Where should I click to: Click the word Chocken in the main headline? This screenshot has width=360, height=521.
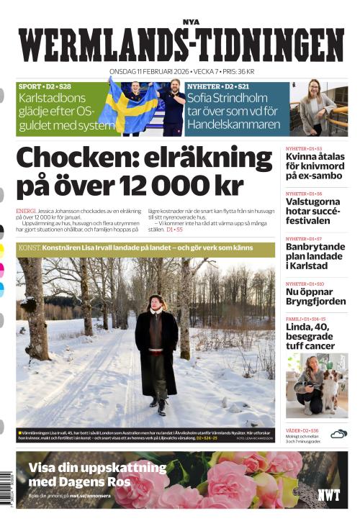coord(78,158)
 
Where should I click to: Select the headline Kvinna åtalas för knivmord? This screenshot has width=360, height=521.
coord(315,166)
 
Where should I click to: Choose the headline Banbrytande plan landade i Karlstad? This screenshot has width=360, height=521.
coord(315,256)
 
